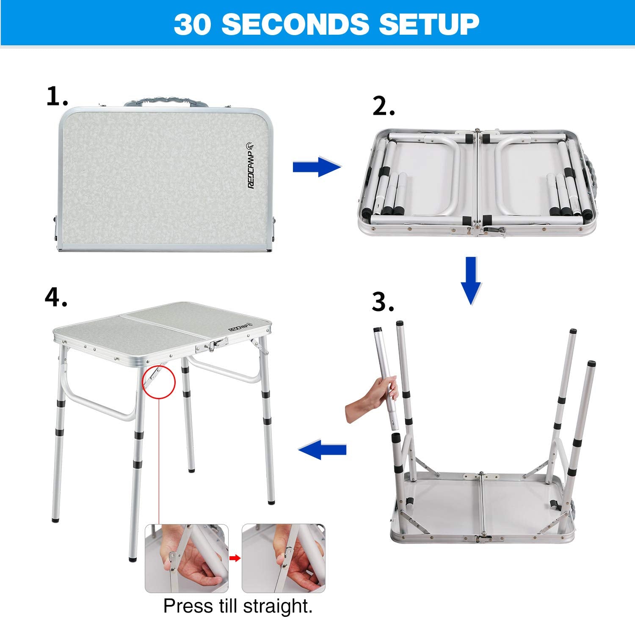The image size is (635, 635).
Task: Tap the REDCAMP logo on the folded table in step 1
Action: (x=250, y=165)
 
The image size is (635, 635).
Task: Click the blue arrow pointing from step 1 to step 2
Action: (x=317, y=167)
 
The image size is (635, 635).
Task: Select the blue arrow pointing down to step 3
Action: (x=471, y=280)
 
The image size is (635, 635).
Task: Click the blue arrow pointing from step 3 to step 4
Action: (x=323, y=450)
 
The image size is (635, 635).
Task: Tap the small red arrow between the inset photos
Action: (x=235, y=558)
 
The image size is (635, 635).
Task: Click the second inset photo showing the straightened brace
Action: (x=284, y=558)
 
